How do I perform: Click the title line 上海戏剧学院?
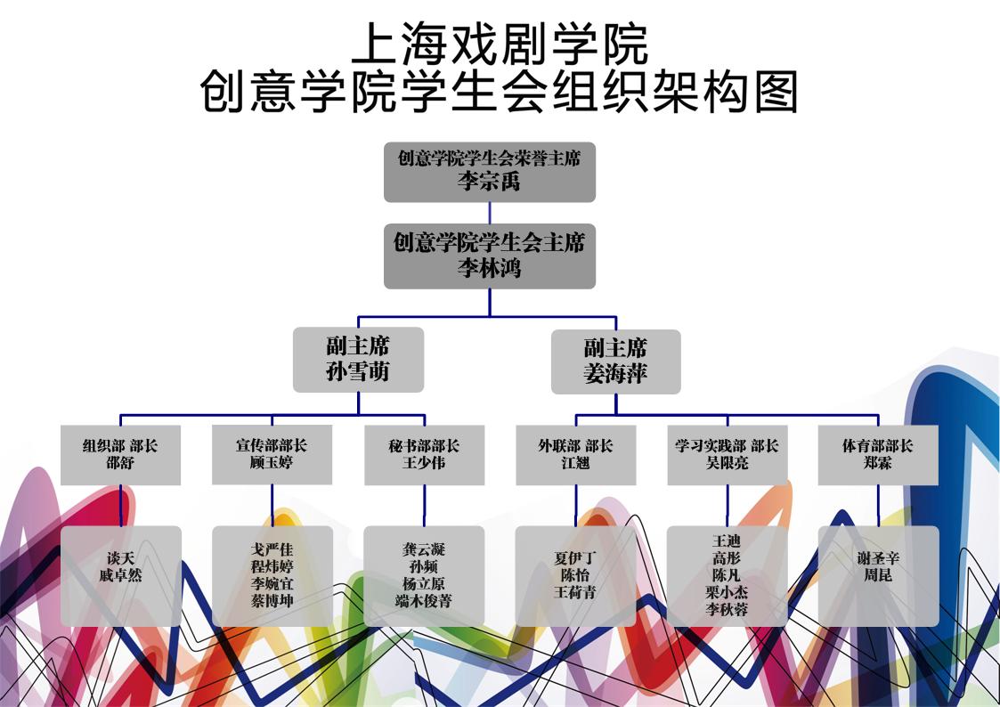500,45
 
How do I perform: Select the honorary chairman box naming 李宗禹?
490,172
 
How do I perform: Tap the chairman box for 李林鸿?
490,256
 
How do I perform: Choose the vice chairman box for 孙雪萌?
358,360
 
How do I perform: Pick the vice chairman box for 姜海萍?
615,362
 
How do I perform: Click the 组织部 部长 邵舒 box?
120,455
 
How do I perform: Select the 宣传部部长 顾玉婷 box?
272,455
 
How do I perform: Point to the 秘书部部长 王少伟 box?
424,455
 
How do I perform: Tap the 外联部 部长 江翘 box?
575,455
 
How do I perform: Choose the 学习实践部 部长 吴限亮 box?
727,455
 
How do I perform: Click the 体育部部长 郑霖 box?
878,455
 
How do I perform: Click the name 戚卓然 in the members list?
120,576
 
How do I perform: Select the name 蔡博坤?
272,601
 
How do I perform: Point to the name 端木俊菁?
424,601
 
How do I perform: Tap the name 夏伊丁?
575,558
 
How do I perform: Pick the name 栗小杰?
727,592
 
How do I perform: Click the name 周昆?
878,576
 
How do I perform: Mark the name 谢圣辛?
878,558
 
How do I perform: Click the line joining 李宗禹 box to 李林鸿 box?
490,213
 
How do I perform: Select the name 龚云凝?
424,549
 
